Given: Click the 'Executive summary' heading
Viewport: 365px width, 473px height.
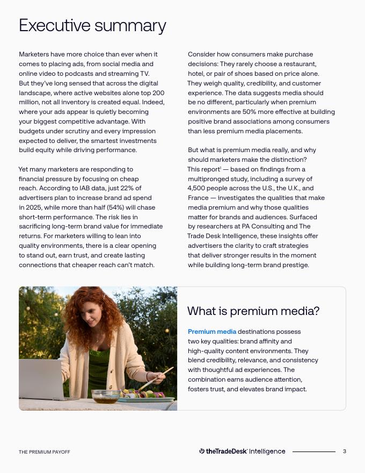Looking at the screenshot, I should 92,25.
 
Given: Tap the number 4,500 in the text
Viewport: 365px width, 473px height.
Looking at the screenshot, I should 198,188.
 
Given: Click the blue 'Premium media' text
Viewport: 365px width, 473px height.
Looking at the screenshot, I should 211,332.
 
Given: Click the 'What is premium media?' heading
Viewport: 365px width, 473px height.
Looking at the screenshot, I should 253,311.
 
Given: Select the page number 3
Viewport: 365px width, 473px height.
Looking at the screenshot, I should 345,451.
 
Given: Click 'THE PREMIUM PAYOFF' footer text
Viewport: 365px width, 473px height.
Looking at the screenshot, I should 45,452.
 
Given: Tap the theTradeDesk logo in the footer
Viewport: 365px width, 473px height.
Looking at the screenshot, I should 223,451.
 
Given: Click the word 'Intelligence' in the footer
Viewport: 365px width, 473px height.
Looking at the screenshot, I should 267,451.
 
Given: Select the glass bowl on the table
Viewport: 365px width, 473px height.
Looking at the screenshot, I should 105,396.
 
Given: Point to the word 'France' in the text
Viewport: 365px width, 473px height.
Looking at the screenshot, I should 198,198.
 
